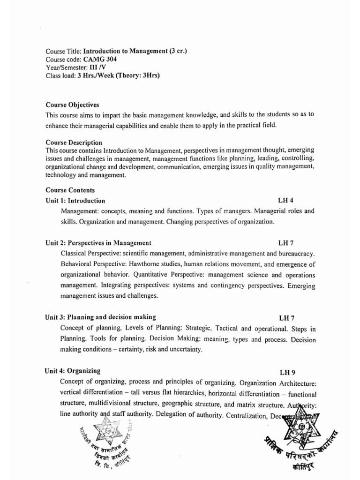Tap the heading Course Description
[74, 142]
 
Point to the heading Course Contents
[70, 190]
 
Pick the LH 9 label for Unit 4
[287, 373]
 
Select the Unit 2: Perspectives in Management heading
[98, 243]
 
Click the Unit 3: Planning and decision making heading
[101, 317]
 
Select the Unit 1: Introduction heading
[75, 201]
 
